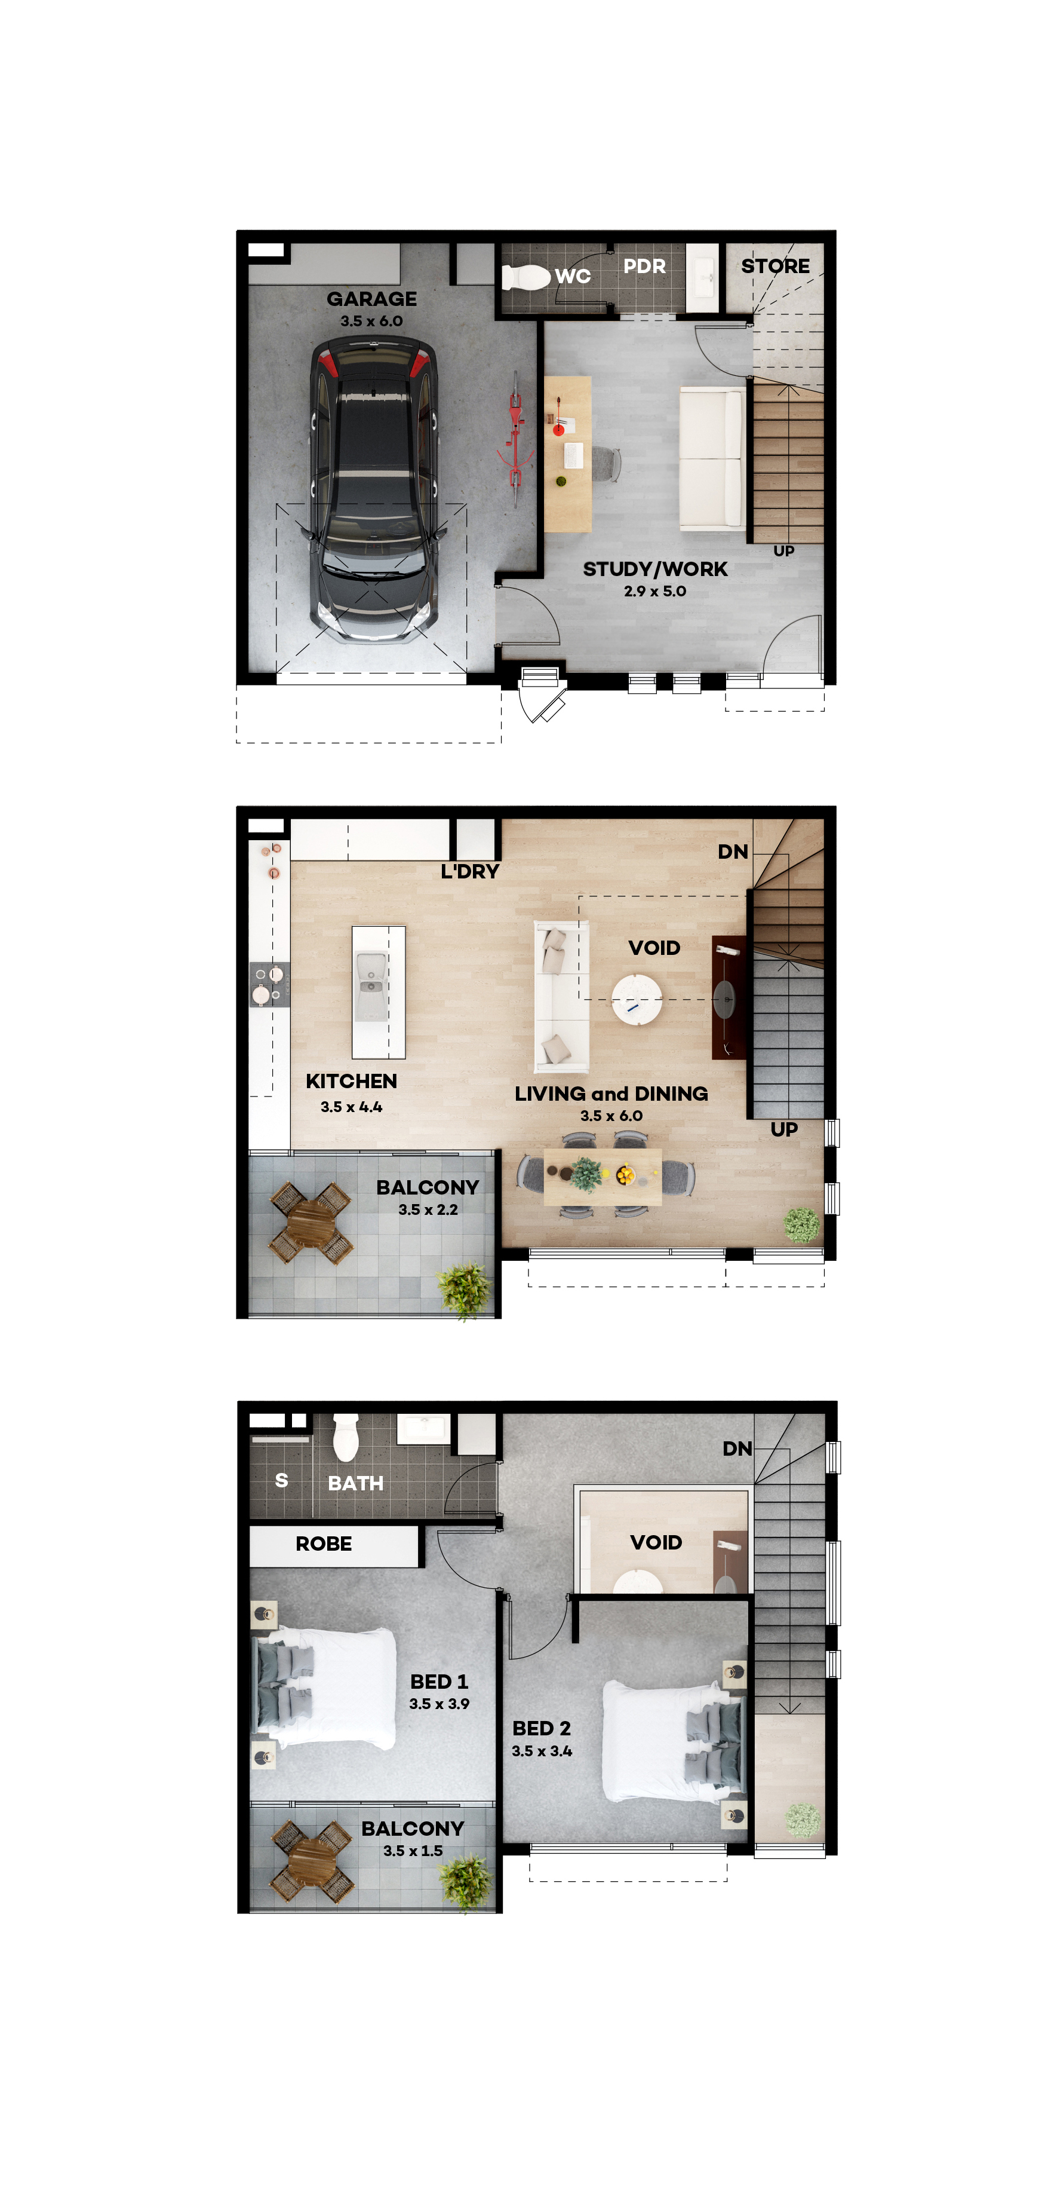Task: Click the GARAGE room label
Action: [x=371, y=299]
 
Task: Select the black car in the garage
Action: [x=373, y=489]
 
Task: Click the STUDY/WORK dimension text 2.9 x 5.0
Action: [x=654, y=592]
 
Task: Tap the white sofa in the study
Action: [x=711, y=458]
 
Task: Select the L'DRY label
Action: [x=469, y=871]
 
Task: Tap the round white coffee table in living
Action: [x=637, y=998]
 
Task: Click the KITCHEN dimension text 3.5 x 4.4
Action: [x=351, y=1107]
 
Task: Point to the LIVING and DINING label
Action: [x=611, y=1094]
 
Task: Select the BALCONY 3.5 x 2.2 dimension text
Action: [x=428, y=1209]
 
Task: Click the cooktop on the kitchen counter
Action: [x=269, y=984]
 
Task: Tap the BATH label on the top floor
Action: [x=355, y=1483]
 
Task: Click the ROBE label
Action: [x=324, y=1544]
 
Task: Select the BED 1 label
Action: [x=438, y=1682]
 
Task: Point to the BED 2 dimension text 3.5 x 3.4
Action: [x=542, y=1751]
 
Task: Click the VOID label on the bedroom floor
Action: [x=656, y=1542]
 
